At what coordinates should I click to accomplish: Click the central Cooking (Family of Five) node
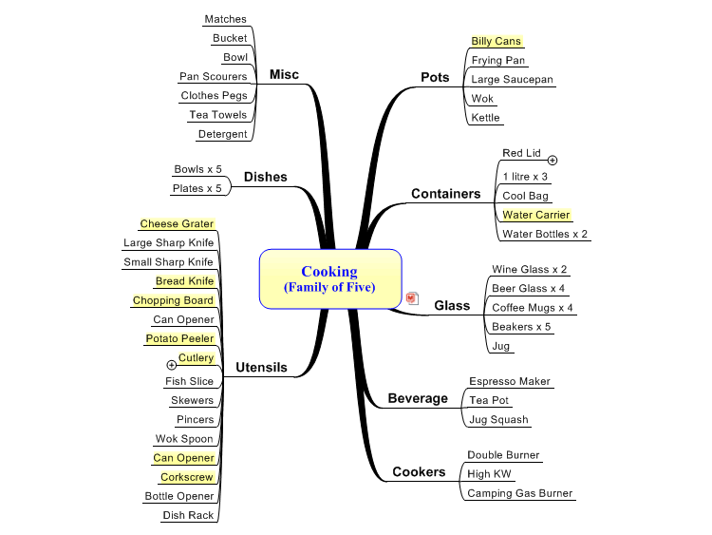330,278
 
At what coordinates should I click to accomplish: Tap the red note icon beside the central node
412,298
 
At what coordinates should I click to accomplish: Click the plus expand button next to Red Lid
553,160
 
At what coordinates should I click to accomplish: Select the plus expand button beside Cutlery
171,365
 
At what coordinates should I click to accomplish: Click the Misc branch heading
284,74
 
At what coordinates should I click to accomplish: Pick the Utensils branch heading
262,367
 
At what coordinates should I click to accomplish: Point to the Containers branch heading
446,194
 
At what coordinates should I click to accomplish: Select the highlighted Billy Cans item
496,41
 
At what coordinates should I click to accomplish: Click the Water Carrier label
535,215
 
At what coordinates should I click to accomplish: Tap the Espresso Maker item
510,381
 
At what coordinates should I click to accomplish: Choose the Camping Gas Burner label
520,493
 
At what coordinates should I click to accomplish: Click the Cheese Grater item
177,223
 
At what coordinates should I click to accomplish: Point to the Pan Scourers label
214,76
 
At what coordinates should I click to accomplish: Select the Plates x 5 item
197,188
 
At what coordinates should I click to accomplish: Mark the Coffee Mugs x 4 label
533,308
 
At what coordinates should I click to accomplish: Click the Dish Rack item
188,515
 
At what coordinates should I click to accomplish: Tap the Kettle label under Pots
485,117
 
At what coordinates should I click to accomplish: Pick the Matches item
225,19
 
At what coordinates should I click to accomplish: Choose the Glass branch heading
452,305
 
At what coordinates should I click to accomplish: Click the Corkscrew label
187,477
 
